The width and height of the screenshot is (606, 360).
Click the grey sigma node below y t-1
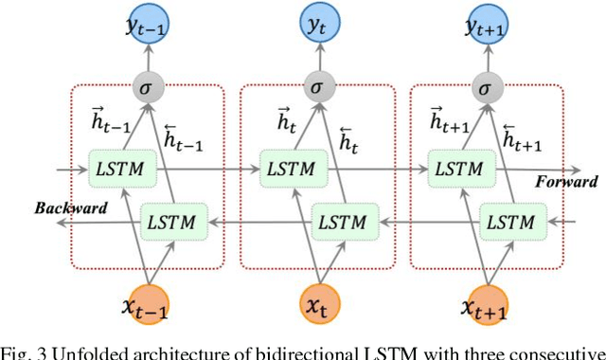(x=148, y=87)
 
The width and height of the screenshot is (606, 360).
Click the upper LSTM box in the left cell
(x=116, y=169)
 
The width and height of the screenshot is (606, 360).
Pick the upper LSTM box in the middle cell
(x=285, y=169)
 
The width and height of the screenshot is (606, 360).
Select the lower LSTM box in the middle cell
(x=339, y=223)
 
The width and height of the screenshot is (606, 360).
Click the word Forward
(x=565, y=181)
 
